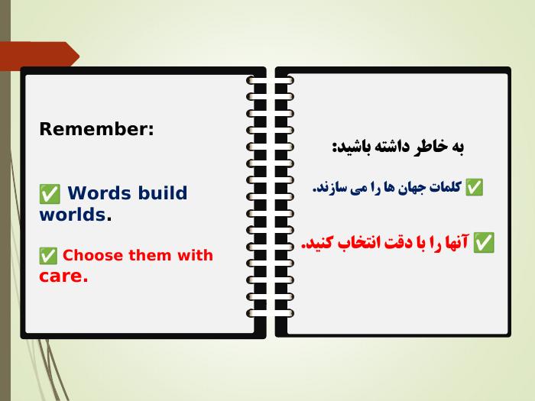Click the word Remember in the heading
(x=94, y=129)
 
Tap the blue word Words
(x=99, y=193)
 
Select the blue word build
(x=163, y=192)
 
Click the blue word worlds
(x=73, y=215)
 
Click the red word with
(x=195, y=255)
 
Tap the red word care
(x=61, y=276)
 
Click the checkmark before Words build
(x=50, y=194)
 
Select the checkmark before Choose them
(x=48, y=256)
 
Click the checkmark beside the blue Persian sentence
(x=475, y=187)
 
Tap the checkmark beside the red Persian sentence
(x=484, y=242)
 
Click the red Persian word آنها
(x=456, y=242)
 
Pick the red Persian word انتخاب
(x=353, y=242)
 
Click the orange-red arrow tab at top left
(x=39, y=54)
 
